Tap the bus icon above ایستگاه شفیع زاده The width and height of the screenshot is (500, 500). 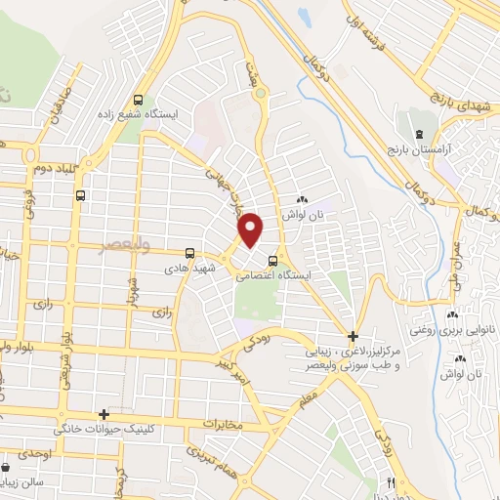click(139, 100)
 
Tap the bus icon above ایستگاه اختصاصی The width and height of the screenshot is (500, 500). click(273, 260)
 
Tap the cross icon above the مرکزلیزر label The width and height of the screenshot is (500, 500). click(353, 336)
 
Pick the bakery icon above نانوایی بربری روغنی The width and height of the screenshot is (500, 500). click(451, 314)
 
